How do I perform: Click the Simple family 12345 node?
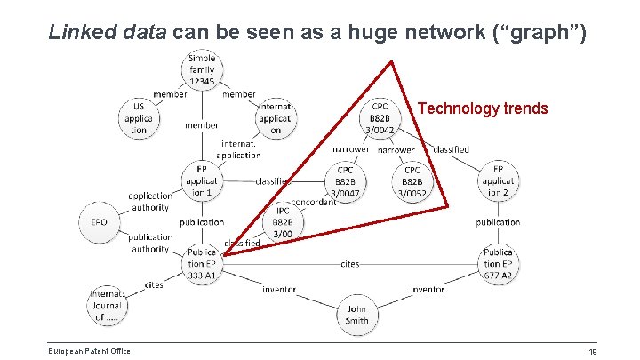coord(202,70)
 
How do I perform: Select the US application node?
coord(139,117)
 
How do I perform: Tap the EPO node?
coord(99,221)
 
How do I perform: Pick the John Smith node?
coord(357,315)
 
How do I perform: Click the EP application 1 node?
coord(202,180)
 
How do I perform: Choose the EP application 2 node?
coord(499,180)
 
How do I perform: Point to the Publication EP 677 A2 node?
coord(499,264)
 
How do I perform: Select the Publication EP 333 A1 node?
coord(202,264)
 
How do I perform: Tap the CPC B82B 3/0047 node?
coord(345,180)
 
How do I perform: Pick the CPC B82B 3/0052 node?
coord(412,180)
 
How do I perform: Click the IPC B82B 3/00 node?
coord(281,222)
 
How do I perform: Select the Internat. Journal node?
coord(107,305)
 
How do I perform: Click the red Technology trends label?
coord(483,108)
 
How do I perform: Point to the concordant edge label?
coord(313,202)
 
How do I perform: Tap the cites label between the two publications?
coord(349,264)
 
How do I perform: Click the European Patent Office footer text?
coord(89,350)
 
